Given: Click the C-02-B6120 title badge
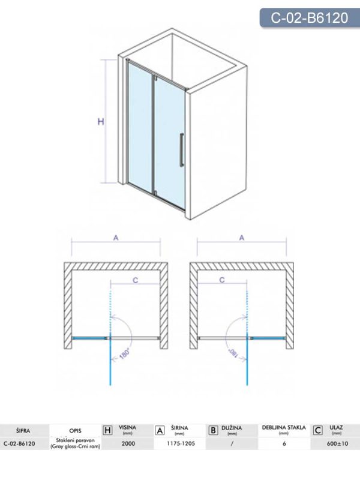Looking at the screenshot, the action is pyautogui.click(x=310, y=17).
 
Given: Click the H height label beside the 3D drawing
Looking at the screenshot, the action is pyautogui.click(x=101, y=122).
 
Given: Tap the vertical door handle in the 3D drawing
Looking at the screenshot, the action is pyautogui.click(x=182, y=150).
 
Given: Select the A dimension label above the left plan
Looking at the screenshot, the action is pyautogui.click(x=116, y=238).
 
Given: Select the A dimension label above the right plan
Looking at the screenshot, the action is pyautogui.click(x=242, y=238).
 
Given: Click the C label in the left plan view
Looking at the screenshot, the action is pyautogui.click(x=136, y=280).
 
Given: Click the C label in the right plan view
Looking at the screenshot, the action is pyautogui.click(x=222, y=280).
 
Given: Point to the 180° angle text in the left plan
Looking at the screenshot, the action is pyautogui.click(x=125, y=353).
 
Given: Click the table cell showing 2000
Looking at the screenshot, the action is pyautogui.click(x=128, y=443).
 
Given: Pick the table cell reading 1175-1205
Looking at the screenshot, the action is pyautogui.click(x=181, y=443).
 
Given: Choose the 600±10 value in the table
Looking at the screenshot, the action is pyautogui.click(x=337, y=443).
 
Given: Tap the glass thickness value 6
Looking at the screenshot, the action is pyautogui.click(x=284, y=443).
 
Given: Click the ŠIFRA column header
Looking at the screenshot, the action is pyautogui.click(x=23, y=430).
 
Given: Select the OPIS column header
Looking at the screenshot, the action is pyautogui.click(x=76, y=431).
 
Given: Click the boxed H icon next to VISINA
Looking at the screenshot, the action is pyautogui.click(x=108, y=430).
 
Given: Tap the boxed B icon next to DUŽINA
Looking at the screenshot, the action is pyautogui.click(x=213, y=430).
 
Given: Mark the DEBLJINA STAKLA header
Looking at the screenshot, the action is pyautogui.click(x=284, y=427).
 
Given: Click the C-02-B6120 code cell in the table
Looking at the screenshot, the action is pyautogui.click(x=19, y=443).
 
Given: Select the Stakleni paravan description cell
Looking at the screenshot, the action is pyautogui.click(x=76, y=443).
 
